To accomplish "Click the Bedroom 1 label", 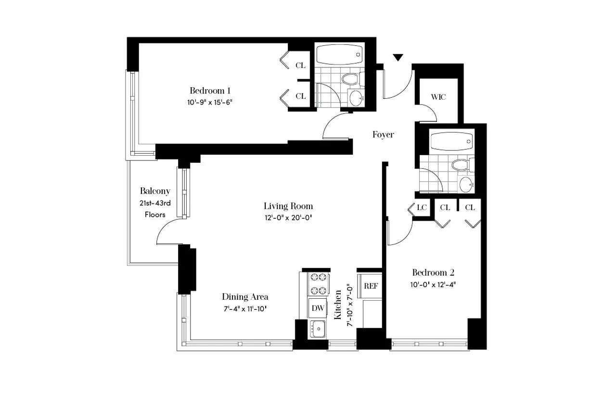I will (x=210, y=91).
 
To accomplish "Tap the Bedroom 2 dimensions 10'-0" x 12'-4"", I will (x=433, y=284).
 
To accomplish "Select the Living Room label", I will (x=288, y=206).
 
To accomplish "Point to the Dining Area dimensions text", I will (x=245, y=308).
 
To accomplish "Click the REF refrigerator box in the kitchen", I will (x=371, y=286).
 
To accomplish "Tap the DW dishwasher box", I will (x=317, y=308).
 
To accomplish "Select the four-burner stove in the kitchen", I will (x=318, y=284).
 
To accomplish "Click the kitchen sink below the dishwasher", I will (x=317, y=329).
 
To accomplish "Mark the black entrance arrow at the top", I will (x=398, y=58).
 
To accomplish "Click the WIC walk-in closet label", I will (x=438, y=97).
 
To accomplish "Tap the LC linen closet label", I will (x=422, y=208).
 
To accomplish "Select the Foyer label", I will (x=383, y=135).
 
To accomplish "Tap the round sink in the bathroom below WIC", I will (x=466, y=184).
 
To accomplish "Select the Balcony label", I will (x=155, y=191).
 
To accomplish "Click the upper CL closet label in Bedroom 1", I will (x=301, y=66).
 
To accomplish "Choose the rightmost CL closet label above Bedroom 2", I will (x=470, y=208).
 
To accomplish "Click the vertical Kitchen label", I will (x=338, y=305).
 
